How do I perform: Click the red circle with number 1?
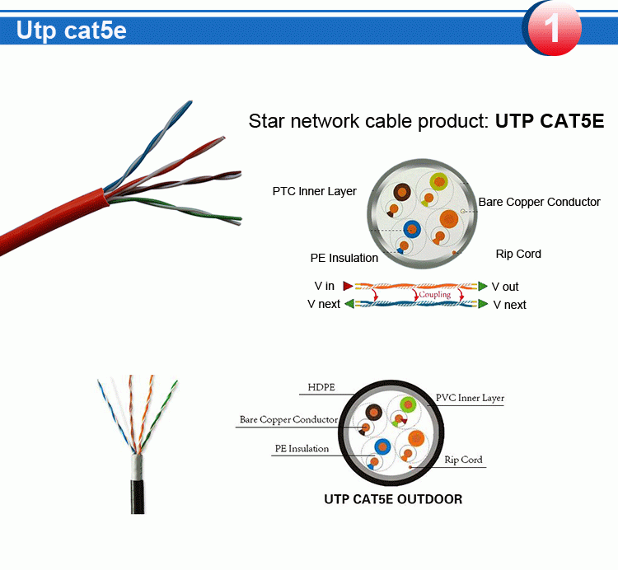552,28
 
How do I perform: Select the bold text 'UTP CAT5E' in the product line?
549,122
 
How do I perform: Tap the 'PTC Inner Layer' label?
314,191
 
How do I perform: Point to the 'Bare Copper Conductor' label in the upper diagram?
539,202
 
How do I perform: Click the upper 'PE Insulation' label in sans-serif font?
344,258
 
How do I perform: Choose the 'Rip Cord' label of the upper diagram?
518,254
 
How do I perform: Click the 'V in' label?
324,286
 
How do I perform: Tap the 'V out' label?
505,287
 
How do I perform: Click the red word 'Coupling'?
434,294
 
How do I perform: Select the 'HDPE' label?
321,387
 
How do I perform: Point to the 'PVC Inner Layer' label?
470,398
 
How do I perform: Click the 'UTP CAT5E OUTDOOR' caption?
393,499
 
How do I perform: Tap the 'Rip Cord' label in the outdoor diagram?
463,460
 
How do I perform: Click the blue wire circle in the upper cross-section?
412,230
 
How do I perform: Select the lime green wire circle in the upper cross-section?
437,181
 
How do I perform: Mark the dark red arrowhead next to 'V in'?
348,286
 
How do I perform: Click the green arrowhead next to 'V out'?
483,286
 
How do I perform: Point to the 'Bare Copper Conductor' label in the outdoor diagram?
288,419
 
